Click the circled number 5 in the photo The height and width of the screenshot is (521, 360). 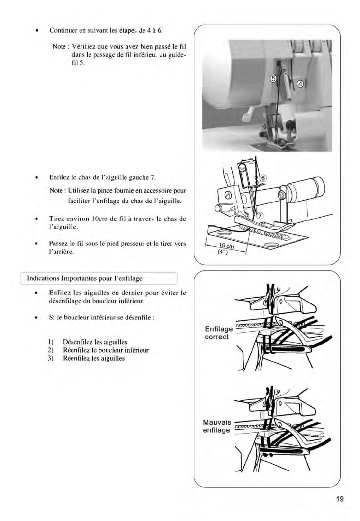tap(273, 79)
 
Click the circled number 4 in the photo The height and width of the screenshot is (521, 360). tap(300, 84)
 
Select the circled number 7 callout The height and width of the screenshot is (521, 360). tap(260, 216)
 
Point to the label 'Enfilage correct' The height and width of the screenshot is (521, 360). tap(218, 333)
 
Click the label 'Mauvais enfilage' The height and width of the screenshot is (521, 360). tap(217, 426)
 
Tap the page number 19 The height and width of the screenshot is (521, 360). tap(339, 499)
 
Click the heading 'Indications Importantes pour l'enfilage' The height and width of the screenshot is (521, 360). tap(85, 278)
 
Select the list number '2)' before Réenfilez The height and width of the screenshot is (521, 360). tap(50, 350)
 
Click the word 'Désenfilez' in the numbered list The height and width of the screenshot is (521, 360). tap(77, 342)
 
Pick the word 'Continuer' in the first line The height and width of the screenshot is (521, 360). tap(63, 30)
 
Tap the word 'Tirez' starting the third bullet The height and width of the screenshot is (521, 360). tap(56, 219)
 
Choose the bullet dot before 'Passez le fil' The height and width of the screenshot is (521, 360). tap(36, 244)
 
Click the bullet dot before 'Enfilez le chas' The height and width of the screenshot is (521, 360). tap(36, 177)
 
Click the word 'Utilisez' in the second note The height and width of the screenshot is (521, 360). tap(79, 190)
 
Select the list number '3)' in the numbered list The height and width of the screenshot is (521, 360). tap(50, 358)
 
